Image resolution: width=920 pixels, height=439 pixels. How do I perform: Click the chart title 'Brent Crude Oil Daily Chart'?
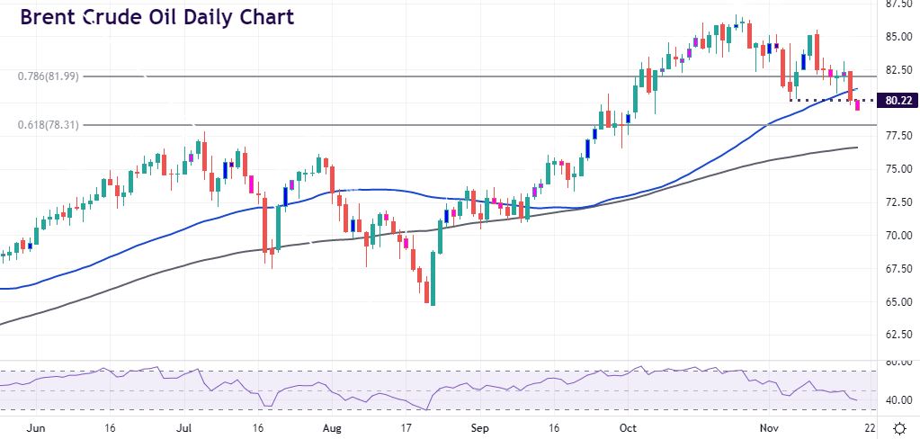pyautogui.click(x=156, y=17)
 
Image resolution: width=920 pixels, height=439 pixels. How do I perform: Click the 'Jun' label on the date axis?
pyautogui.click(x=38, y=428)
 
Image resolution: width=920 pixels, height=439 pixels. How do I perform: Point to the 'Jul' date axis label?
pyautogui.click(x=183, y=428)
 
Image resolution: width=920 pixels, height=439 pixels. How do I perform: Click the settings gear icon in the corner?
pyautogui.click(x=898, y=428)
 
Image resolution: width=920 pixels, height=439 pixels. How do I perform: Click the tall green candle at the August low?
pyautogui.click(x=433, y=278)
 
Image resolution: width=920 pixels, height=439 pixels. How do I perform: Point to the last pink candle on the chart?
pyautogui.click(x=858, y=105)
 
